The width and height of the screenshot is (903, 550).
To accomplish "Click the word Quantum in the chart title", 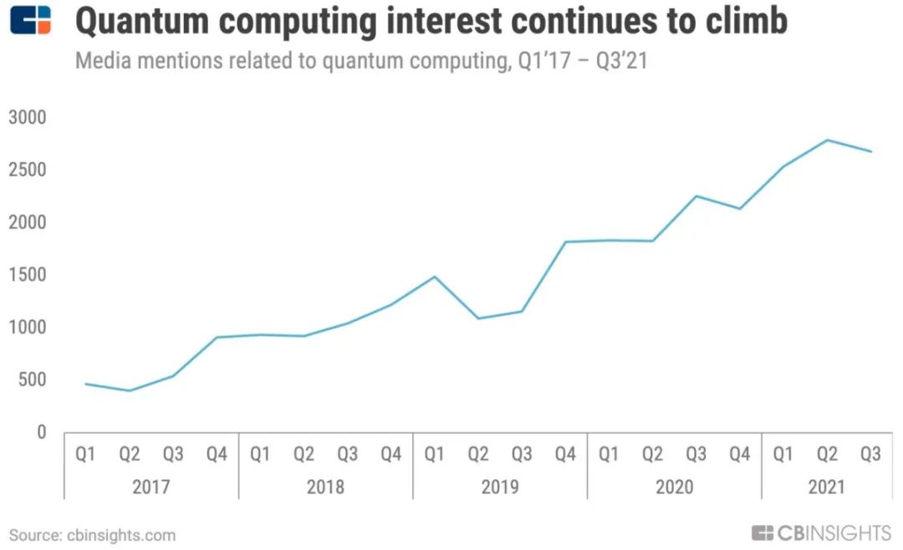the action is [141, 21].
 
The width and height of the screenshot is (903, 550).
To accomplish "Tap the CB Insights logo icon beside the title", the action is [31, 20].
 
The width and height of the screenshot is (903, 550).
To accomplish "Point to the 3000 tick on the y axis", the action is [27, 118].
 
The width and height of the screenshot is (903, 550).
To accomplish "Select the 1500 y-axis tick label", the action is [27, 275].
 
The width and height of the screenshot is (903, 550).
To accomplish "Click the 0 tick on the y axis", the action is [41, 432].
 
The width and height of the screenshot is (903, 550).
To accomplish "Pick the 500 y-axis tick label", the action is [32, 379].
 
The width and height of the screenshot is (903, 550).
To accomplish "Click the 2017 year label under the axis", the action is [150, 487].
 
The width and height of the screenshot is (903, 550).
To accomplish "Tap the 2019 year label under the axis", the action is [500, 487].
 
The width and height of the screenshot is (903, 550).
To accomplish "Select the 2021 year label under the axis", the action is [826, 487].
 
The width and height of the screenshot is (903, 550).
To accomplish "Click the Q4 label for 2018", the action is [391, 455].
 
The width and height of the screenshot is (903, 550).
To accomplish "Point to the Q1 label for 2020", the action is [609, 455].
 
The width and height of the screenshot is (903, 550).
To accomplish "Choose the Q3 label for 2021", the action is [870, 455].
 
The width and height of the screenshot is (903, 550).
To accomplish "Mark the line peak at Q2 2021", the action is [827, 140].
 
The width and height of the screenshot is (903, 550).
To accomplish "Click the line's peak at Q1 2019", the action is [435, 277].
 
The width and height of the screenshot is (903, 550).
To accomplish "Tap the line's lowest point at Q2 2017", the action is [129, 390].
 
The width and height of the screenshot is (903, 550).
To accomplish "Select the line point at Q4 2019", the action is [565, 242].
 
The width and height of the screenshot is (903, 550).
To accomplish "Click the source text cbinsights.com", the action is [121, 536].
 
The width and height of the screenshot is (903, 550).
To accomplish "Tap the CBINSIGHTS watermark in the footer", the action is [821, 533].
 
